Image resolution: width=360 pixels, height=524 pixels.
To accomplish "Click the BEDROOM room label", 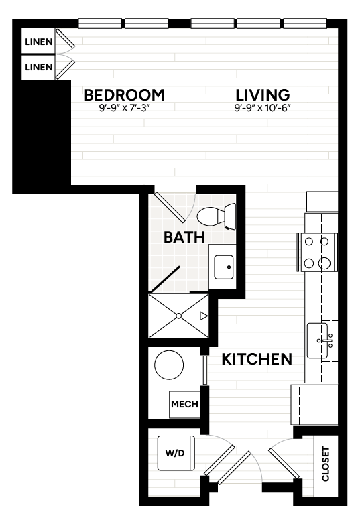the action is point(124,95).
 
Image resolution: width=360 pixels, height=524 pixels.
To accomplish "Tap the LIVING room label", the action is point(263,95).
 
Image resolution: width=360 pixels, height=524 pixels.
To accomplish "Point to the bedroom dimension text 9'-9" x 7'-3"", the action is point(123,108).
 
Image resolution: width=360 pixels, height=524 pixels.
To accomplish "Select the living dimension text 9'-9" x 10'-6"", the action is point(263,108).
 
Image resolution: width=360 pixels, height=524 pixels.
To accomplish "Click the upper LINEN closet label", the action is point(39,42).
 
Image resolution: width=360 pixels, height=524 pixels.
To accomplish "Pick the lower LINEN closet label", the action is point(39,67).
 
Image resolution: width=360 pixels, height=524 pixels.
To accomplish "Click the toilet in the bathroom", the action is point(217,216).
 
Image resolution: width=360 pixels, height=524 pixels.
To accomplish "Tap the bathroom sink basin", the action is point(224,267).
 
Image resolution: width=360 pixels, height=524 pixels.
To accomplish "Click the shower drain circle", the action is point(178,316).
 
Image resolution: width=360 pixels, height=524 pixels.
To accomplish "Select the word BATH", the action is point(184,237).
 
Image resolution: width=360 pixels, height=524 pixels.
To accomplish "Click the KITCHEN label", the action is point(257,359).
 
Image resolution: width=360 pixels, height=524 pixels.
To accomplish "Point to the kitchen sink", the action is point(318,340).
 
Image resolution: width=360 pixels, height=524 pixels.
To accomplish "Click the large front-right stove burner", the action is point(324,263).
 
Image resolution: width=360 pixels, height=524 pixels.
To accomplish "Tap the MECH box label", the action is point(184,404).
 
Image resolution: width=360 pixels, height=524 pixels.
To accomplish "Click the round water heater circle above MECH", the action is point(169,365).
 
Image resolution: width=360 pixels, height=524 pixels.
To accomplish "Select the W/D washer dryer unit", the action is point(176,453).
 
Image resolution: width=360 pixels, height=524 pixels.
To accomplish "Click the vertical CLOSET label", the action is point(325,464).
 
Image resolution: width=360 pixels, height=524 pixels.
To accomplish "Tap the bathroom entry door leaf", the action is point(170,208).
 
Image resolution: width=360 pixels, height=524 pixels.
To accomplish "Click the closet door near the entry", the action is point(284,463).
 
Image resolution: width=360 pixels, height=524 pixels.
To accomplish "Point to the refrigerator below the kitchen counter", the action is point(314,405).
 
